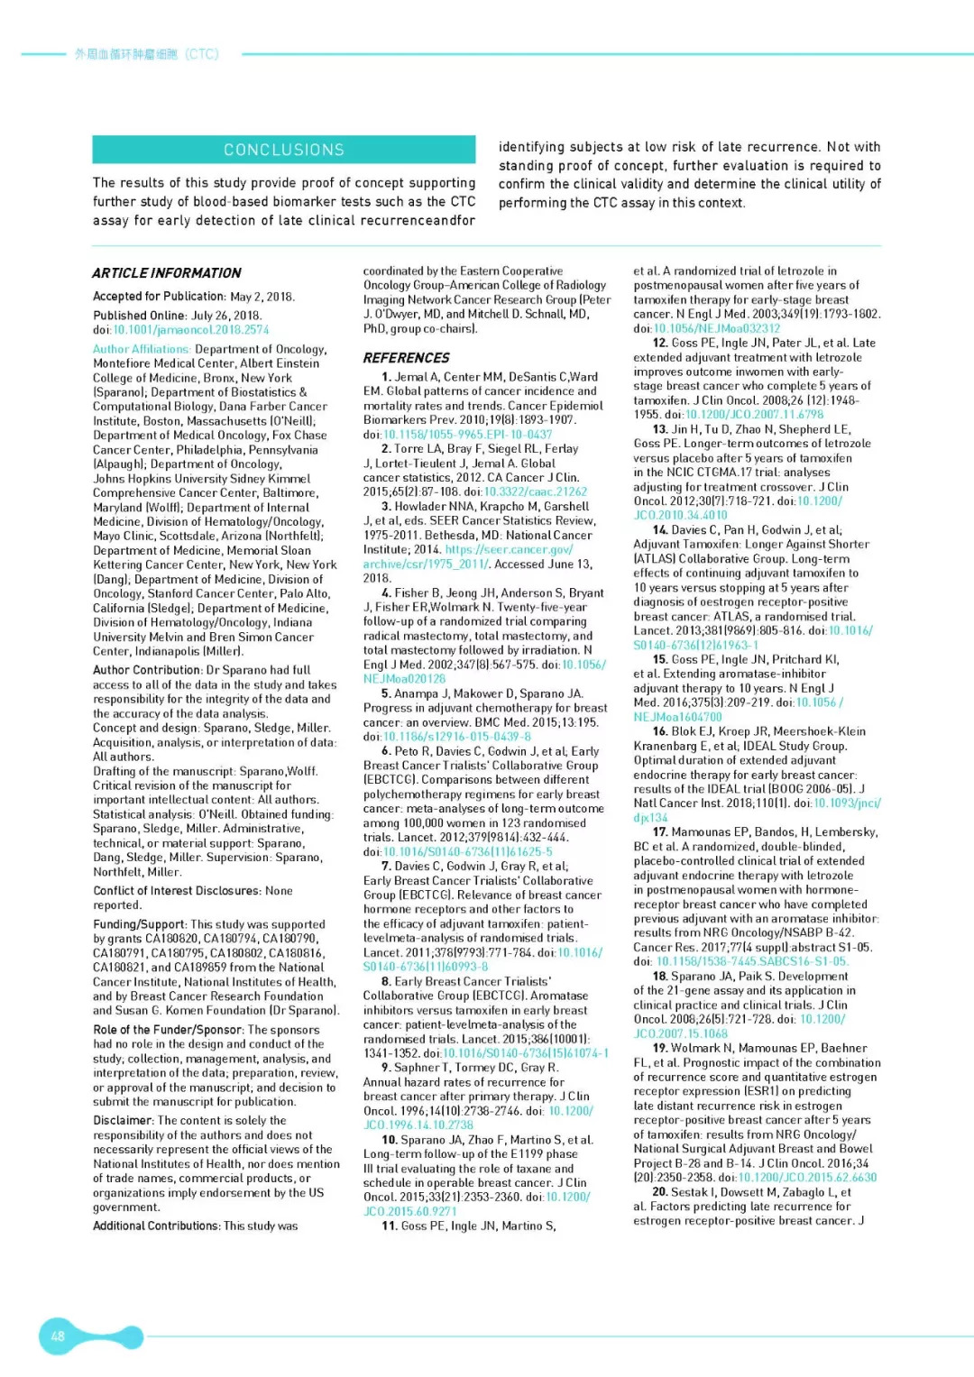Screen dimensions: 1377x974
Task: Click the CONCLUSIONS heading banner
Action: (283, 150)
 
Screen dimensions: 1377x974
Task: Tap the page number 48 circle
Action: (58, 1336)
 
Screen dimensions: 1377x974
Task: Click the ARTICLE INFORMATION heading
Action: (167, 273)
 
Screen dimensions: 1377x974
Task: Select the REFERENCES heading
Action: (406, 358)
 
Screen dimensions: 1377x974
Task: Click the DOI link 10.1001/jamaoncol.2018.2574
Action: (190, 330)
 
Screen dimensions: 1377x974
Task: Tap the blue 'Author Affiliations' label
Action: (142, 349)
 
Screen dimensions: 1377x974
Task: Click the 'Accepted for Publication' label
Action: (159, 297)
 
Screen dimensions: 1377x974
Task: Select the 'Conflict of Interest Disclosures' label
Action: (178, 891)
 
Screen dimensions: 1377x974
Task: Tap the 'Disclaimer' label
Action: (123, 1121)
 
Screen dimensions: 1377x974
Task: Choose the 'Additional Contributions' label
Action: (156, 1226)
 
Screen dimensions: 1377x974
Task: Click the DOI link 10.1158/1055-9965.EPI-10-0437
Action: (468, 435)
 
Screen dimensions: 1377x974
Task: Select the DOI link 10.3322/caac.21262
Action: (536, 492)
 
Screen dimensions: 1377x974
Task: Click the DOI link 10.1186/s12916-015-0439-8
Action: (457, 737)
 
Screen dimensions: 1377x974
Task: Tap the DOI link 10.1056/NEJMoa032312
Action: (717, 329)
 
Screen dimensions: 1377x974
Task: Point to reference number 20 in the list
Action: (660, 1192)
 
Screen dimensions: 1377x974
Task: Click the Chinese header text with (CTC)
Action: (146, 54)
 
